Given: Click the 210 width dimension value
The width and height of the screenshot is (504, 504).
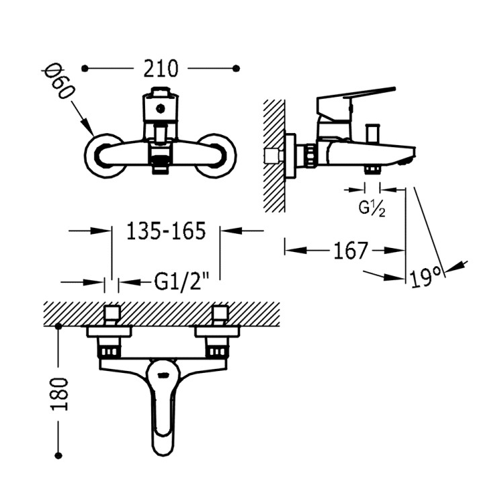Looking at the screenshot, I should [160, 68].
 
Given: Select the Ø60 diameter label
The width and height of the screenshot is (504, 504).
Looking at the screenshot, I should [57, 81].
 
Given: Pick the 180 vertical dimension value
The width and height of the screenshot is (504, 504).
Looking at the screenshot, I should [60, 393].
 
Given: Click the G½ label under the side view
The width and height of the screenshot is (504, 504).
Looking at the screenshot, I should [372, 208].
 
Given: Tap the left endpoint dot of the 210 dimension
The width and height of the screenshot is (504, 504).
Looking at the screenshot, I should [85, 68].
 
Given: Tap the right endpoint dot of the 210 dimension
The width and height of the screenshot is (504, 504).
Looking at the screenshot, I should [236, 68].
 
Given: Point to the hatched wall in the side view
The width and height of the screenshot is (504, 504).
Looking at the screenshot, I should [274, 155].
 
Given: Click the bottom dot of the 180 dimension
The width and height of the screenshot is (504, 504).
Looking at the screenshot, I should [59, 455].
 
